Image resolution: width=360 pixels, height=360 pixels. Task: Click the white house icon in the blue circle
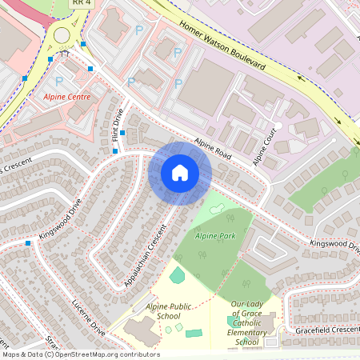(179, 173)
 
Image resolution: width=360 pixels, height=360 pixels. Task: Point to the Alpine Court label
(268, 146)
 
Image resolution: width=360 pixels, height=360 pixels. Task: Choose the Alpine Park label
(215, 237)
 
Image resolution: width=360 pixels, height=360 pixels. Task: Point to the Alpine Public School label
(169, 311)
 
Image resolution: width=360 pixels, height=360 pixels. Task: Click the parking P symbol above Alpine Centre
(59, 81)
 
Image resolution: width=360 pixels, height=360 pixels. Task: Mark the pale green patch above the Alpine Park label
(215, 209)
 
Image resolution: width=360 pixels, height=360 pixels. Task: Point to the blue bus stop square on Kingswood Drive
(29, 242)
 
